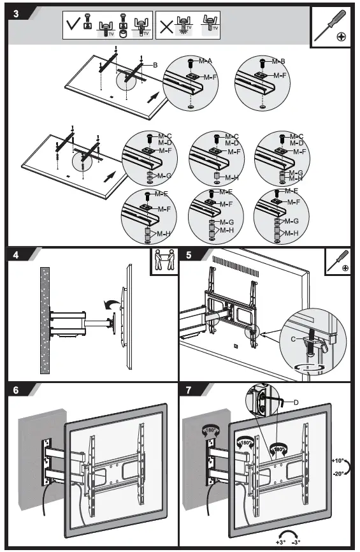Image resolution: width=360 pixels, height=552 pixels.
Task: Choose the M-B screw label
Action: pyautogui.click(x=278, y=62)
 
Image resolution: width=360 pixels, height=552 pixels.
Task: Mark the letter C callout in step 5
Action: pyautogui.click(x=294, y=340)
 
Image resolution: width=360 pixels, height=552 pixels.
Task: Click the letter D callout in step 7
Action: pyautogui.click(x=297, y=402)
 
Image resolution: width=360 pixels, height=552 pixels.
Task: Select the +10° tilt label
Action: pyautogui.click(x=339, y=460)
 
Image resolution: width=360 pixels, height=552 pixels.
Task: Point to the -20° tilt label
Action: pyautogui.click(x=339, y=473)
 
